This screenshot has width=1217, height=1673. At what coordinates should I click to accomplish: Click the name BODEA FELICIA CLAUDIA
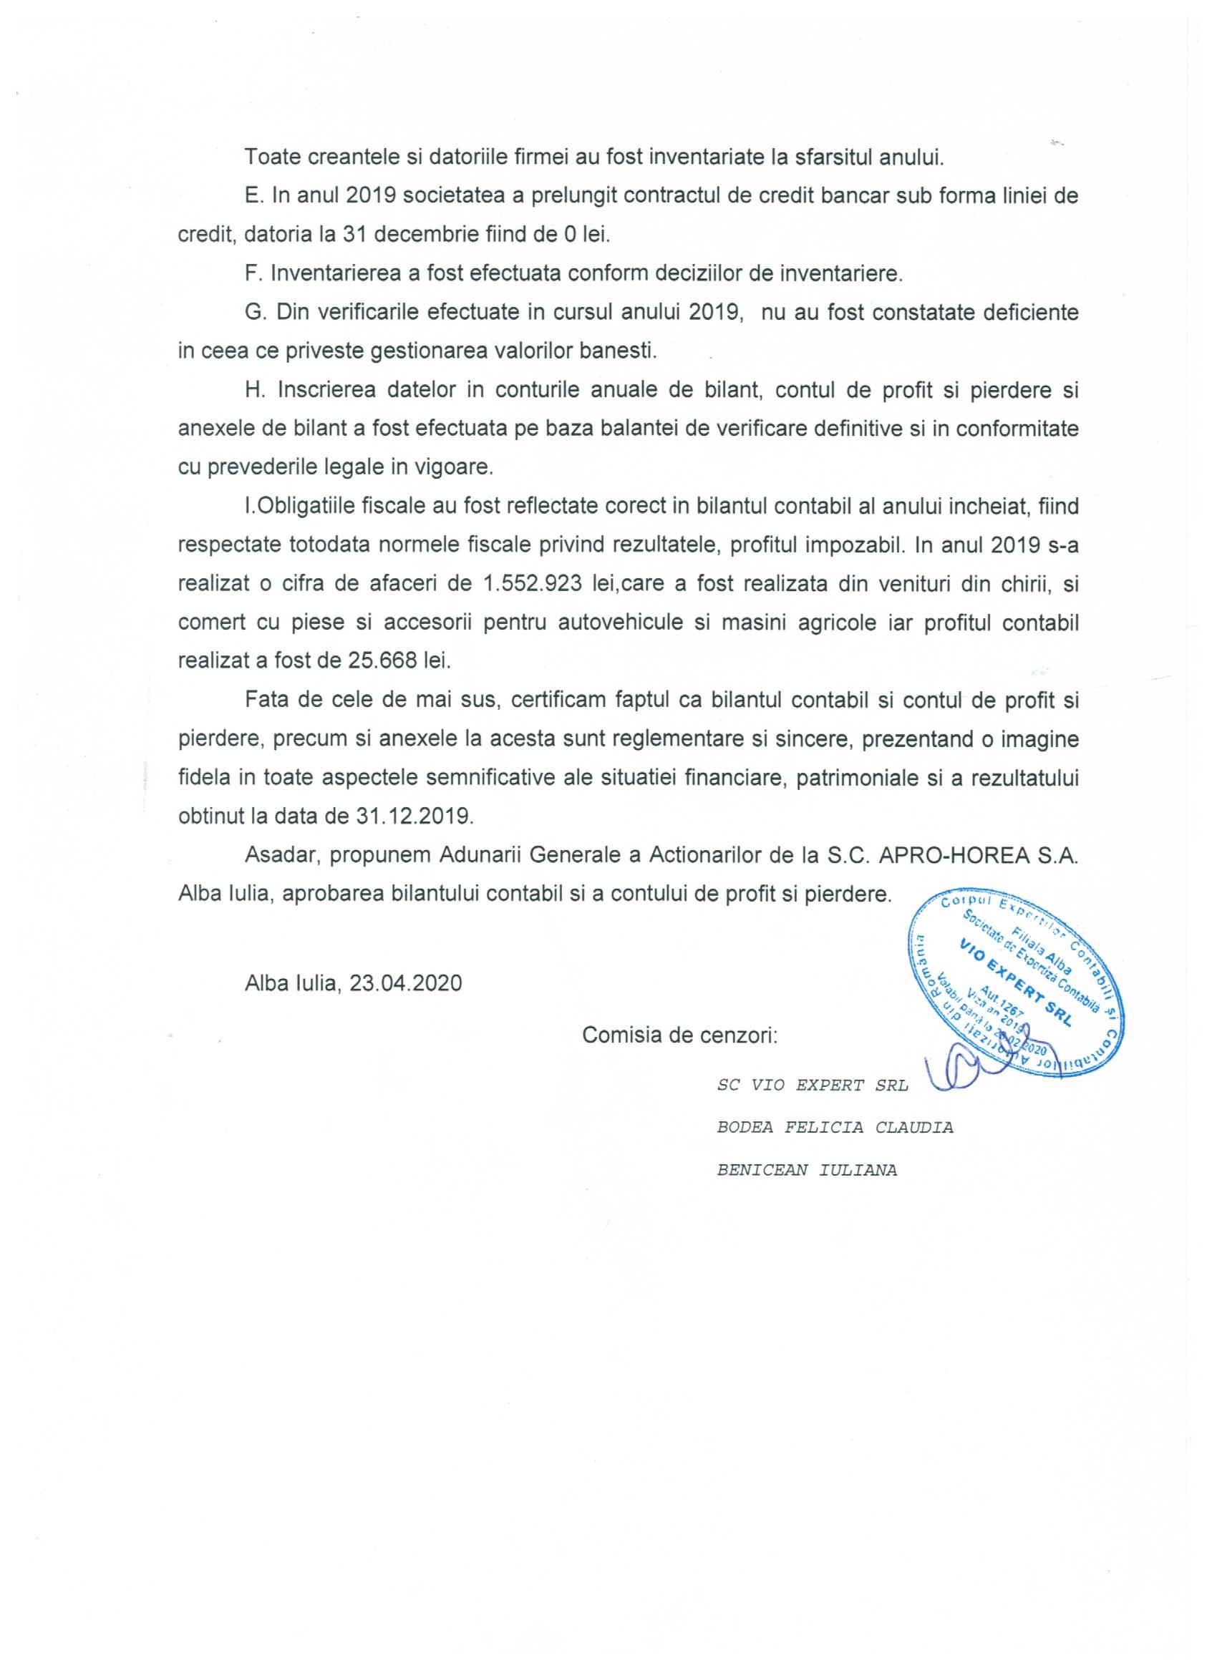835,1128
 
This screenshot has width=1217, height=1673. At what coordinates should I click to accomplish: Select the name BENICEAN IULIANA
807,1171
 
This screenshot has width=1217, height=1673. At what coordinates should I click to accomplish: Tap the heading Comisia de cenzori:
679,1035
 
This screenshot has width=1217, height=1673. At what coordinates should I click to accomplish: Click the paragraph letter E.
253,196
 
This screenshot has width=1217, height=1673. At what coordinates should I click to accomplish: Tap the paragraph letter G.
255,312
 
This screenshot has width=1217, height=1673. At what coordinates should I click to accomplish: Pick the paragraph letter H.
255,390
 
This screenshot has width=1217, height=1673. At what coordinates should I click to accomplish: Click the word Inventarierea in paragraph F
339,273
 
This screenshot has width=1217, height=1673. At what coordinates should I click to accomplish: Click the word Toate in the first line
272,157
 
